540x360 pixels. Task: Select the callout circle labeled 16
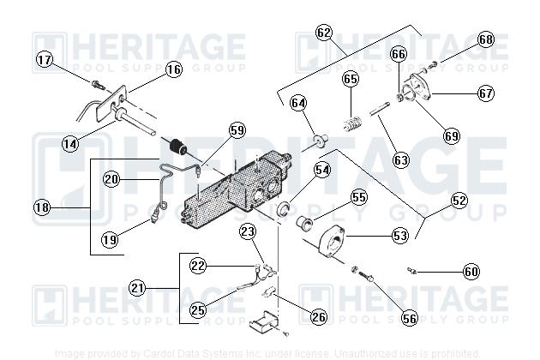174,69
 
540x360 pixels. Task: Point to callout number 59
237,130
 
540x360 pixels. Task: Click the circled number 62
323,33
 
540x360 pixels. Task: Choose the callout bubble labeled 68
486,39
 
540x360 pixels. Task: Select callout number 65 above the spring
351,79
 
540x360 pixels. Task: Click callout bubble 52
459,200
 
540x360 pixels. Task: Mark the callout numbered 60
471,272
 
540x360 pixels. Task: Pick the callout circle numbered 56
409,318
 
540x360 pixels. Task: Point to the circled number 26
318,317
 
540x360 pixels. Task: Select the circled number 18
42,207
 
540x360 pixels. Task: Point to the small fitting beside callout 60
413,269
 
